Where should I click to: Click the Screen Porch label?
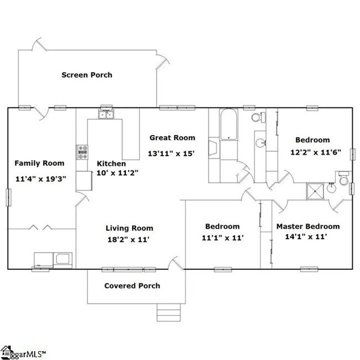(86, 75)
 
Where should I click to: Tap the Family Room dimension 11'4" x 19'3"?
(39, 179)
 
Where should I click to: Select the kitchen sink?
(106, 115)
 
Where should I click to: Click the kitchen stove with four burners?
(83, 152)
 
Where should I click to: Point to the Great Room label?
(172, 137)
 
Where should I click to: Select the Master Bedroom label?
(308, 226)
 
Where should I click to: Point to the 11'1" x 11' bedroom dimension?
(223, 237)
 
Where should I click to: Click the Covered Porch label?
(132, 286)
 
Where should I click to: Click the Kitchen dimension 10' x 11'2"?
(117, 173)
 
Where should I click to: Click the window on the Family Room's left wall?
(8, 197)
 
